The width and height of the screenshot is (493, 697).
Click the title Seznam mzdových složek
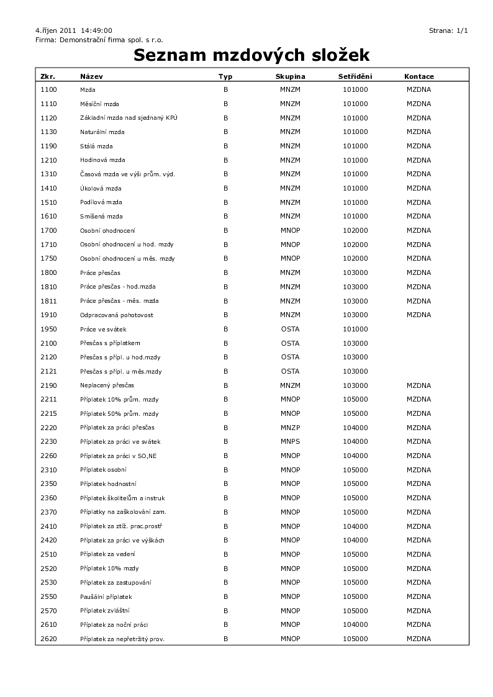pos(251,56)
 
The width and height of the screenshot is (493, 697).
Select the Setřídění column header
pos(355,76)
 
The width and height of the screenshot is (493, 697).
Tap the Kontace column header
pos(418,76)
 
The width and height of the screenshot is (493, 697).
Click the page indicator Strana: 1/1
pos(448,30)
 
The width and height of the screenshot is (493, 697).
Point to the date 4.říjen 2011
pos(56,30)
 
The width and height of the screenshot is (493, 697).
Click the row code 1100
pos(48,89)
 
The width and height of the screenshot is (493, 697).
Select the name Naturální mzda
pos(102,132)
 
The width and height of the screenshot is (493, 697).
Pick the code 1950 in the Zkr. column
pos(48,329)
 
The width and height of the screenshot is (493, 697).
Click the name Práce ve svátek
pos(103,329)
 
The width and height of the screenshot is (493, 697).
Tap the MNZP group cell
pos(290,428)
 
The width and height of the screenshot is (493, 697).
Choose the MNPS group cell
pos(290,442)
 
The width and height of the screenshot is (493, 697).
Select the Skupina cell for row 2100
pos(290,343)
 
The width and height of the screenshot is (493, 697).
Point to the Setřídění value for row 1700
pos(355,230)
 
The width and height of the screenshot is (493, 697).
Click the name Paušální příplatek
pos(106,596)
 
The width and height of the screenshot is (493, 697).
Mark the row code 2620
pos(48,639)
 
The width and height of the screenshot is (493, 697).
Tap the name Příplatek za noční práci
pos(114,624)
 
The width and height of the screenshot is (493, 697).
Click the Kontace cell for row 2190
pos(418,385)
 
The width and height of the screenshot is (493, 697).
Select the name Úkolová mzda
pos(101,188)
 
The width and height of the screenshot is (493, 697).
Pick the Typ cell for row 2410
pos(226,526)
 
